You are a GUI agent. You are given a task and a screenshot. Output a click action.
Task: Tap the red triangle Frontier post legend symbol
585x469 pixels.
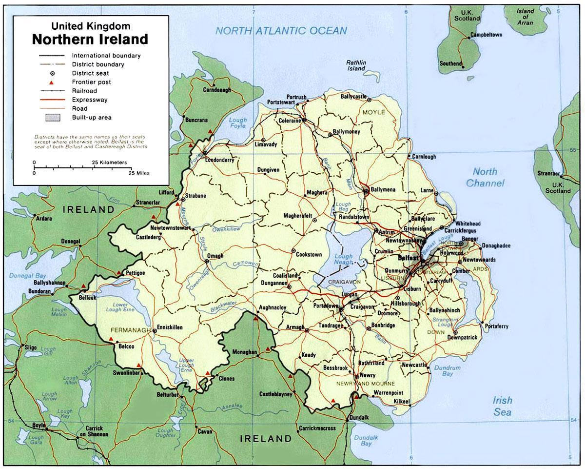point(51,82)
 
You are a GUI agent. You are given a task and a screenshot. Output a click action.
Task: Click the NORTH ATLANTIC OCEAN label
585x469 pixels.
point(281,31)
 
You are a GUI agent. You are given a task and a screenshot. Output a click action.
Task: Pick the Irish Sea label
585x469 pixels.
point(502,406)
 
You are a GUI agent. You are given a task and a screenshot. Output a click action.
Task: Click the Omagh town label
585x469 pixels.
point(215,256)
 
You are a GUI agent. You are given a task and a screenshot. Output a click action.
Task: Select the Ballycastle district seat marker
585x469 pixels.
point(369,100)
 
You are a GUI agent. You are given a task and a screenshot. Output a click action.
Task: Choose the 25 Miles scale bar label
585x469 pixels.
point(139,173)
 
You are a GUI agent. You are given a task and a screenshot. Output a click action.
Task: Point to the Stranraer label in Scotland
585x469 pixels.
point(547,173)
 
